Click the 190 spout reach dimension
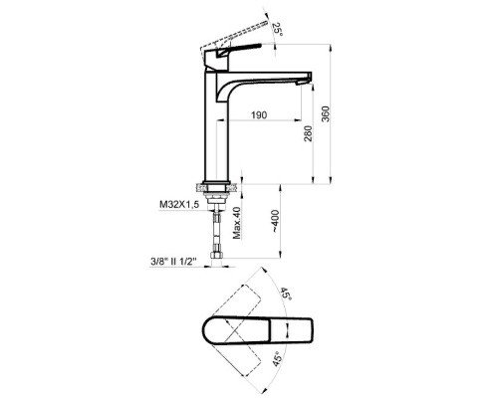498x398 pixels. (259, 115)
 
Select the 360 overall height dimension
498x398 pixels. (326, 113)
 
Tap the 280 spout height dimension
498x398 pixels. (308, 133)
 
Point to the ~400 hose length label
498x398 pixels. (275, 221)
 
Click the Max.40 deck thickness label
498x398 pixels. (236, 223)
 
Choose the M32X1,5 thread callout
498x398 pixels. (179, 205)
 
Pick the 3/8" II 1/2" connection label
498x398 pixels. (173, 262)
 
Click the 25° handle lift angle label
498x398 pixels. (278, 30)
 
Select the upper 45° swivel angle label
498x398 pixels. (286, 295)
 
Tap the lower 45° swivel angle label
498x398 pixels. (278, 359)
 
